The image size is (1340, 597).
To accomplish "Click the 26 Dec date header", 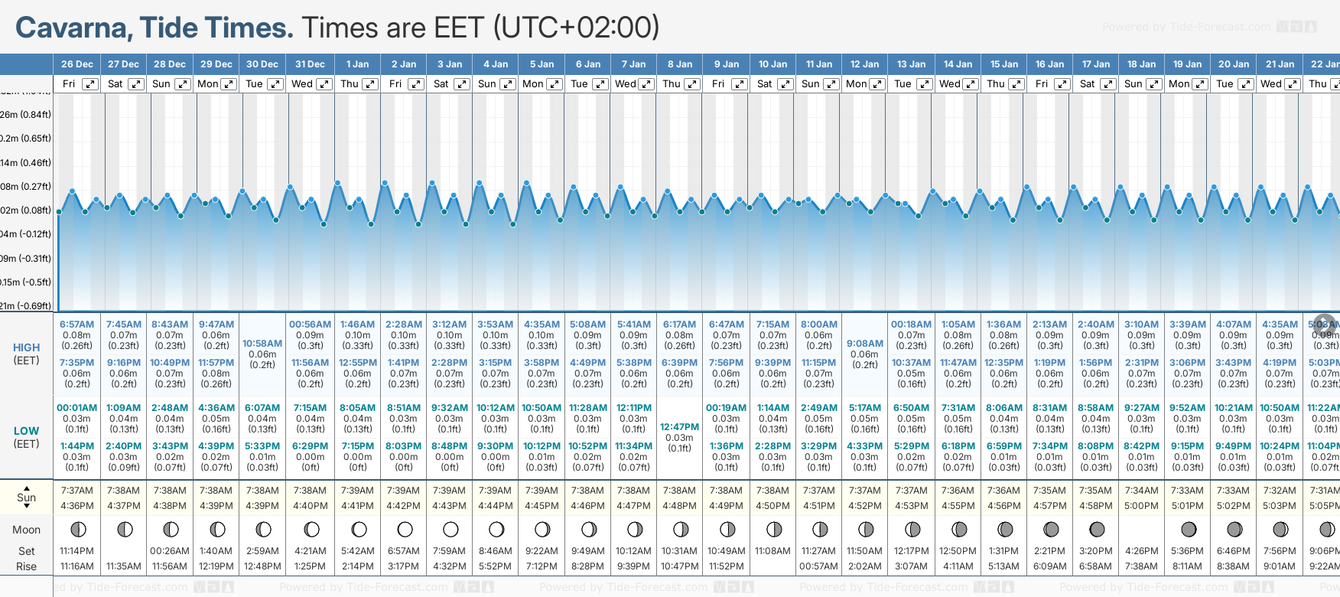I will point(76,64).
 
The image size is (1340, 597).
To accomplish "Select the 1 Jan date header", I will point(357,64).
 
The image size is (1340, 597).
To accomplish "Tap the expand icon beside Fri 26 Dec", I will point(90,84).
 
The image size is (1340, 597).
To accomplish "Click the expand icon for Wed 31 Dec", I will point(324,84).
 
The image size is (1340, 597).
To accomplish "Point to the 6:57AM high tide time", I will point(76,325).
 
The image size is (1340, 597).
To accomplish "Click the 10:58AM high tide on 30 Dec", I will point(262,344).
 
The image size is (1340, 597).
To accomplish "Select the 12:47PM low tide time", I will point(679,427).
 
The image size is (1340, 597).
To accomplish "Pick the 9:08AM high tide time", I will point(864,344).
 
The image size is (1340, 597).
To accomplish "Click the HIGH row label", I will point(26,347).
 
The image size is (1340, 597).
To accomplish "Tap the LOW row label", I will point(26,431).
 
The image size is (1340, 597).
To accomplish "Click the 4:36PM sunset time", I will point(76,506).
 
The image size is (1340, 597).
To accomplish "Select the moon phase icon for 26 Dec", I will point(77,529).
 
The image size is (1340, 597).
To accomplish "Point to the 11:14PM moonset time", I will point(76,551).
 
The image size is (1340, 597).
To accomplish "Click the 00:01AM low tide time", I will point(76,408).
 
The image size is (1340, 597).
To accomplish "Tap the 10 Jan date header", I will point(772,64).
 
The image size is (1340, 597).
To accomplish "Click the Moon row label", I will point(26,530).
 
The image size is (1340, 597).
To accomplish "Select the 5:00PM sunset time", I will point(1141,506).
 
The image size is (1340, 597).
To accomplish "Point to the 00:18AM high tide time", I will point(911,325).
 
